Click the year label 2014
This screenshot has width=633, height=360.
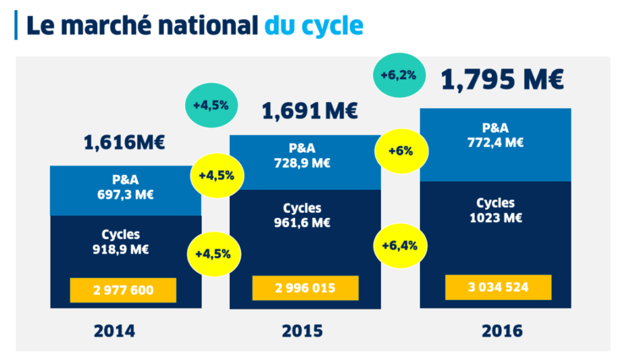114,331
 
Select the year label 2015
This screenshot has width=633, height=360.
302,331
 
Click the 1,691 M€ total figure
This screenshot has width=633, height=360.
310,111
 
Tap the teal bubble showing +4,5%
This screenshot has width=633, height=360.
211,105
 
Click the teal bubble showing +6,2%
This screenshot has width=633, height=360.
398,75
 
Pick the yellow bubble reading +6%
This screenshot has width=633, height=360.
401,150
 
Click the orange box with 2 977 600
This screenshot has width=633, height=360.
123,289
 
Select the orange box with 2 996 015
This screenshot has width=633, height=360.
305,288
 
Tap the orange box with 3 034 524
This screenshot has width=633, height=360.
498,288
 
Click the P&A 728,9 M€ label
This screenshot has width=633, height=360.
302,156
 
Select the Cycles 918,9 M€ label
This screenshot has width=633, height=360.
121,242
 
